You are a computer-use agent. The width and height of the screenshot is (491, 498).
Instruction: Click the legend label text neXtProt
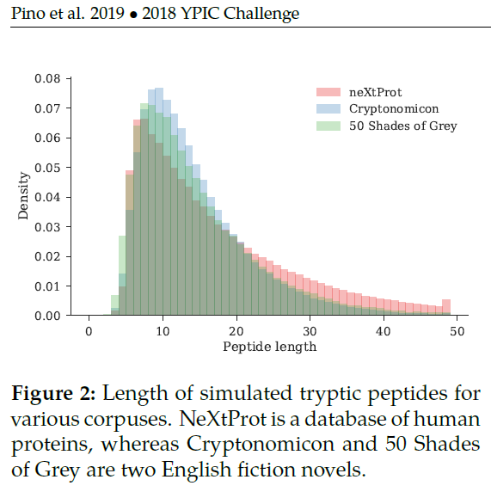click(375, 92)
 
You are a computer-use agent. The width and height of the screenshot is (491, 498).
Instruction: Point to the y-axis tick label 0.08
click(46, 79)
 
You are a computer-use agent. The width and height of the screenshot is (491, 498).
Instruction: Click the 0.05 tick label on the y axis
click(46, 168)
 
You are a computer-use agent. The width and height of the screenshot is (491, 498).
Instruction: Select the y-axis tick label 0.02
click(46, 256)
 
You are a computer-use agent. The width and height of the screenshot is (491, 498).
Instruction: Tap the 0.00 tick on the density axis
click(46, 316)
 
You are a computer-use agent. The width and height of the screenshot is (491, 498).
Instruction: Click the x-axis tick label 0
click(89, 332)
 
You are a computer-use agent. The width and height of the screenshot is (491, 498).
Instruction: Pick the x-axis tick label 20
click(236, 332)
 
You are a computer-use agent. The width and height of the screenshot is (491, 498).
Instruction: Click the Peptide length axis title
click(269, 347)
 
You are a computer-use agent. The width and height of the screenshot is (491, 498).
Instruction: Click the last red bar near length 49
click(445, 308)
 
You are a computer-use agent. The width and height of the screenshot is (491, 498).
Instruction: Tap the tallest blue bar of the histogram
click(158, 202)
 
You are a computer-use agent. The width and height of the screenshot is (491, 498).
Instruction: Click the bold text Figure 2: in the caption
click(53, 395)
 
